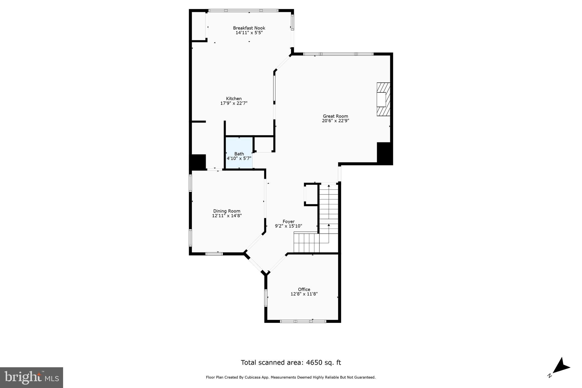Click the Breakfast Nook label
249,28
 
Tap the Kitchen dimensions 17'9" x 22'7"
234,103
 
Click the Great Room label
335,116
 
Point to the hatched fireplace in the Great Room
383,99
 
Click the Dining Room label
227,211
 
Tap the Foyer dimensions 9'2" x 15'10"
288,226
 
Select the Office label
304,289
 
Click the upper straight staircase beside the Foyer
329,208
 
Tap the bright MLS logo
32,377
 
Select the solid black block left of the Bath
198,162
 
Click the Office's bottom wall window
303,321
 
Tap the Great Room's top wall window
338,54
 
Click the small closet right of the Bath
264,144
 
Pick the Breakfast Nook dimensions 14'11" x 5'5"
249,33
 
